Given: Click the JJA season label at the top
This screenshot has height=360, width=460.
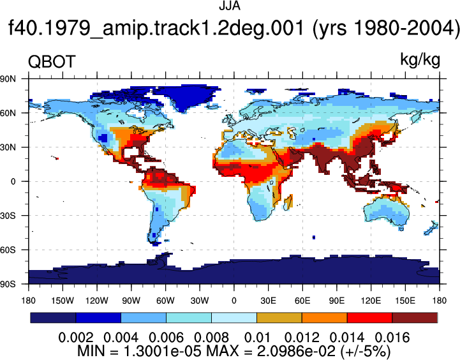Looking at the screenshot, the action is tap(230, 6).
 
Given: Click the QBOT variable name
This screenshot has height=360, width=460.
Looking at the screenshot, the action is tap(52, 62).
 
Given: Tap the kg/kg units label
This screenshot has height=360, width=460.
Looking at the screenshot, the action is tap(420, 60).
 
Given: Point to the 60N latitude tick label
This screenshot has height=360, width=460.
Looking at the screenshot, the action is tap(8, 113).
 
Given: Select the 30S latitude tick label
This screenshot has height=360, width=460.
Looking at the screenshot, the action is tap(8, 216).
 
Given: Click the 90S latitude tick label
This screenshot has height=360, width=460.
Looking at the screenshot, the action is tap(8, 284).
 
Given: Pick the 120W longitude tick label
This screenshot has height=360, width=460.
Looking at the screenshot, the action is tap(97, 301).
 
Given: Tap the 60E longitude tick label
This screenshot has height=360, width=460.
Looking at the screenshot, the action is tap(302, 301).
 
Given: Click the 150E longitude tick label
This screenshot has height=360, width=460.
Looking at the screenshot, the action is tap(405, 301).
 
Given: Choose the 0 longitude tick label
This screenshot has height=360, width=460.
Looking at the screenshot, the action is tap(234, 301).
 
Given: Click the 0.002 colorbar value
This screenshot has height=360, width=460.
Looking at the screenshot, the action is tap(76, 338).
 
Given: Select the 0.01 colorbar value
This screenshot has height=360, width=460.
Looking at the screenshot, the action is tap(257, 338).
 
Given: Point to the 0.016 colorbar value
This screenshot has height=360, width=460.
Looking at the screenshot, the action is tap(392, 338).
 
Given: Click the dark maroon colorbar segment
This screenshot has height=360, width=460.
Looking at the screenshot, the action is tap(415, 318).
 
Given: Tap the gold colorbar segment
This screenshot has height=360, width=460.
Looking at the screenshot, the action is tap(279, 318).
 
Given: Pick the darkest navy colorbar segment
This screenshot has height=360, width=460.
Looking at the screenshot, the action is tap(53, 318).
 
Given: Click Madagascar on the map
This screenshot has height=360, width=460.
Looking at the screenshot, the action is tap(288, 202).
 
